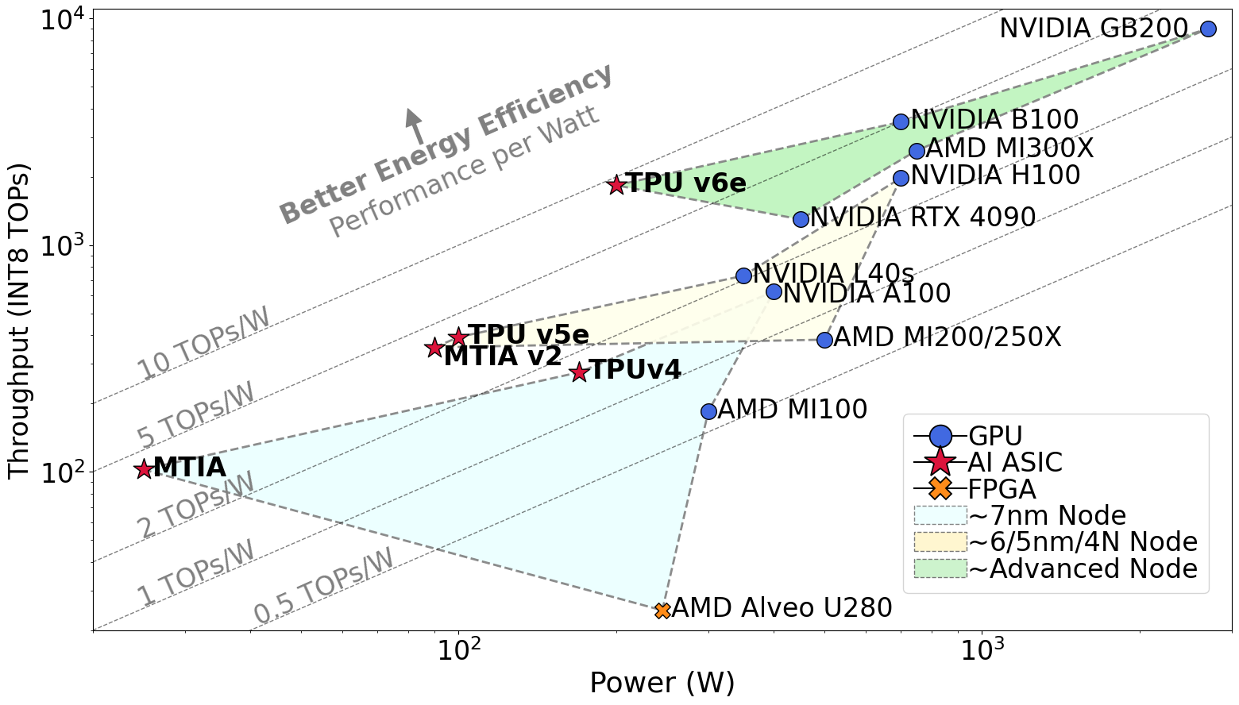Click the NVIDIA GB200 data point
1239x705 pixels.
[1208, 29]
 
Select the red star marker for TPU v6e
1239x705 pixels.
[616, 185]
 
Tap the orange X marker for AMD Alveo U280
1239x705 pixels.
[662, 611]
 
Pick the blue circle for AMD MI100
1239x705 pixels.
[708, 411]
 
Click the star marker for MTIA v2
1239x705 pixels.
[434, 348]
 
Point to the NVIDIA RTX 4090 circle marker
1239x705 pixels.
[801, 219]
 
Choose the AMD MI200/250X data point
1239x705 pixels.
[824, 340]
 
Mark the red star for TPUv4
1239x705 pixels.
[579, 372]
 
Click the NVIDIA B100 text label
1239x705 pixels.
[994, 121]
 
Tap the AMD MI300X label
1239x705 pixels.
[1010, 148]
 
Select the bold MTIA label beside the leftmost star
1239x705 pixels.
[190, 468]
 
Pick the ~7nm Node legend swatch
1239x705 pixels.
[940, 516]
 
